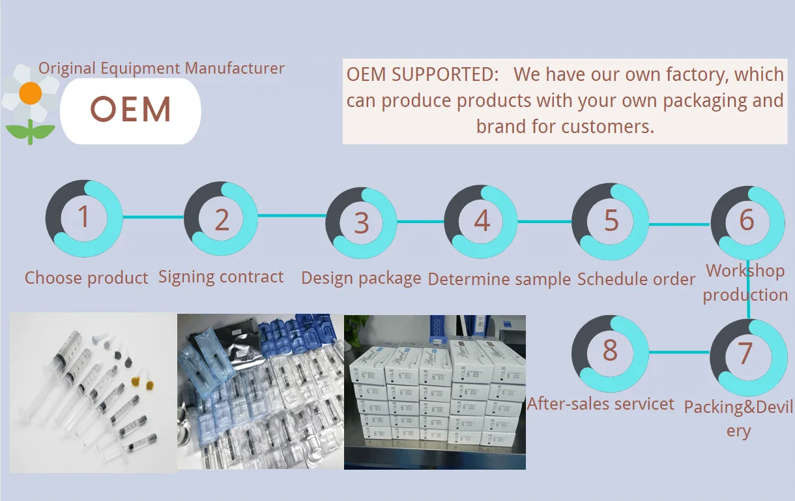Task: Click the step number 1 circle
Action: [x=83, y=218]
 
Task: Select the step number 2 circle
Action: [x=222, y=219]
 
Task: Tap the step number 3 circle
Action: [x=361, y=222]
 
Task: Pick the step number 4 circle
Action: [x=481, y=221]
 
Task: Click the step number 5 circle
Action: [x=610, y=221]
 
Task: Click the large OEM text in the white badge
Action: [x=131, y=110]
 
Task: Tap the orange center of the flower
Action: [x=31, y=93]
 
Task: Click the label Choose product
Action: [x=86, y=278]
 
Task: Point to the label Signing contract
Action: [x=221, y=277]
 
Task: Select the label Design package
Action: [x=361, y=279]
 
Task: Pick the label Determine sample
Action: [x=499, y=279]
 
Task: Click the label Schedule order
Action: [x=636, y=279]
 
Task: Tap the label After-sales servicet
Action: [x=601, y=404]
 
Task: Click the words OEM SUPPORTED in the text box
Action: [x=422, y=74]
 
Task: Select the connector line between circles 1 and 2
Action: [x=153, y=217]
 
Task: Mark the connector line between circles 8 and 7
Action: [x=678, y=353]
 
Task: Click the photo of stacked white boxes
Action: [x=435, y=392]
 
